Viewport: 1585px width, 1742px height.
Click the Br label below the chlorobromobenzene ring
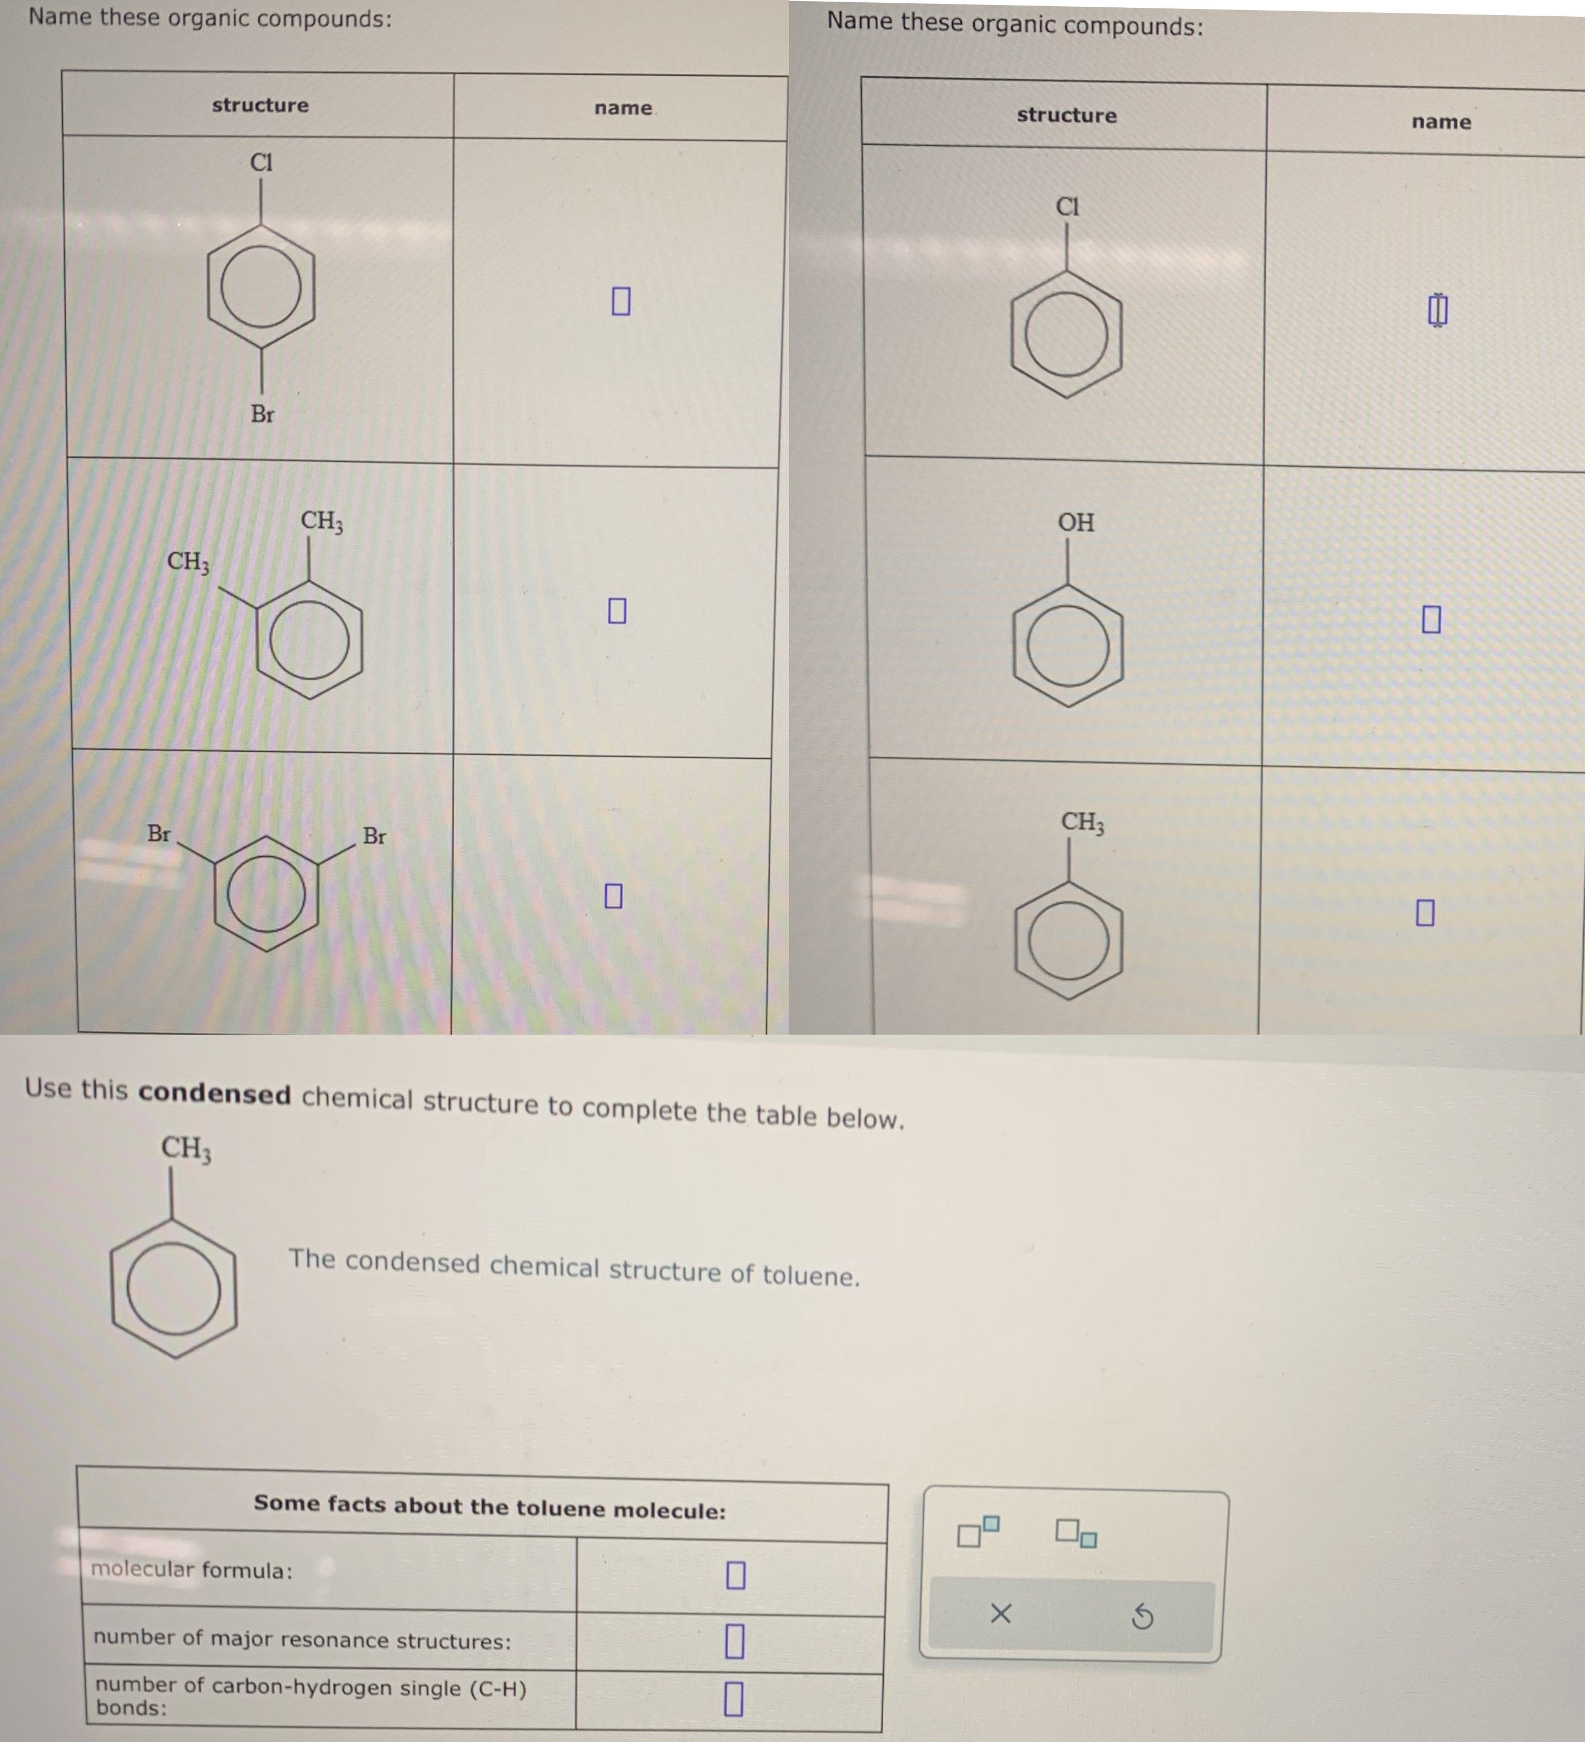262,414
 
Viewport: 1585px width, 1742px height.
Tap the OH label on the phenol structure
1076,522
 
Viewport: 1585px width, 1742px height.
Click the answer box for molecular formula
735,1574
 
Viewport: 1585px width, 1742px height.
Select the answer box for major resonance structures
734,1640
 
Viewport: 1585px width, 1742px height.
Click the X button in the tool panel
1000,1613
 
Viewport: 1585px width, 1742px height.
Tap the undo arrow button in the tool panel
1141,1616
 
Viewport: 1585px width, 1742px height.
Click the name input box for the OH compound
1431,619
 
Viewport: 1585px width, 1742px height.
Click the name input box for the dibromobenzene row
613,895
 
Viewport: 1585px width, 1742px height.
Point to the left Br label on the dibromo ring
159,833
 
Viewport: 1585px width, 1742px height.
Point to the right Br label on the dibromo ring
374,835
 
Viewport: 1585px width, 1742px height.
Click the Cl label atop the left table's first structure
261,162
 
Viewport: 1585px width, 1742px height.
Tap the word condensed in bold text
214,1094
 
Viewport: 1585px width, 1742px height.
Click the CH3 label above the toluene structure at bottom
186,1148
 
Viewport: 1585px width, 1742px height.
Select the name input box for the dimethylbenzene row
617,610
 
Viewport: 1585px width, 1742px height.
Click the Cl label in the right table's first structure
1067,206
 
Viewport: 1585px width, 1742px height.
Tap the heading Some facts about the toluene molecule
489,1507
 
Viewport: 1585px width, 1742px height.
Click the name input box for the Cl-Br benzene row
620,301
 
